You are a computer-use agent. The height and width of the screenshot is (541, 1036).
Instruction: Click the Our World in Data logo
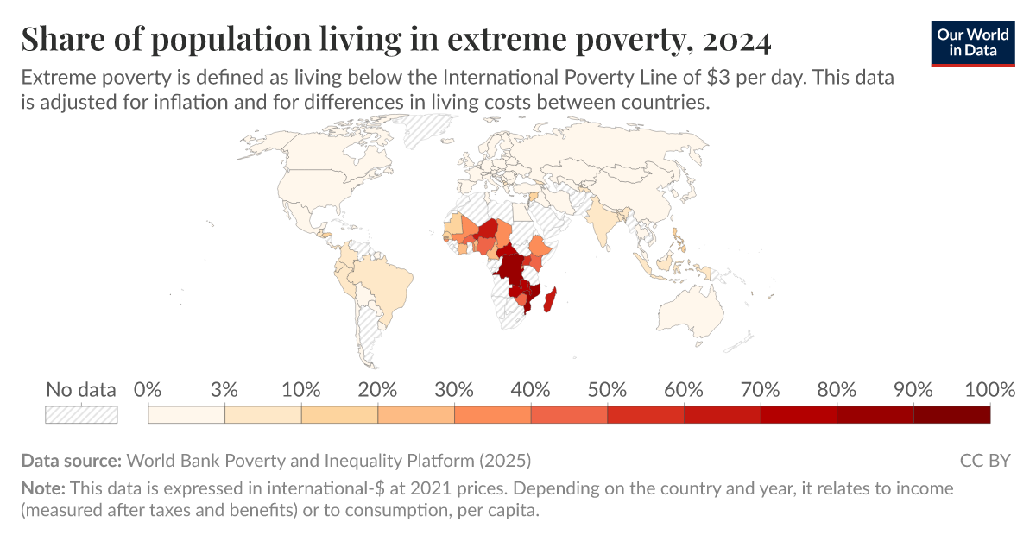coord(972,42)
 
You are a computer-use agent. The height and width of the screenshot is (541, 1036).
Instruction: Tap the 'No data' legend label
coord(80,390)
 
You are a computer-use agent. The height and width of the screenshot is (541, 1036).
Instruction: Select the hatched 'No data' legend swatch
coord(81,414)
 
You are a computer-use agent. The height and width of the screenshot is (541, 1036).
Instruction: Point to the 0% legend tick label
coord(148,390)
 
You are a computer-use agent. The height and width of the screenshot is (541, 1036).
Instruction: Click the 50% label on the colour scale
coord(607,390)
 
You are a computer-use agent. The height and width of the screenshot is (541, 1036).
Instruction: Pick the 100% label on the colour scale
coord(989,390)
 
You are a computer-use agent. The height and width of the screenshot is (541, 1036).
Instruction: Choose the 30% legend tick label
coord(454,390)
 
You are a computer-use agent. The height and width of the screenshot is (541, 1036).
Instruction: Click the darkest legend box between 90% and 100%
coord(951,414)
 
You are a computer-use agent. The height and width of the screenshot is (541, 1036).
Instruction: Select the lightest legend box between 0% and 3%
coord(186,414)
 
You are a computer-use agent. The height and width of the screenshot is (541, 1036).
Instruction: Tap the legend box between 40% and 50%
coord(569,414)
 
